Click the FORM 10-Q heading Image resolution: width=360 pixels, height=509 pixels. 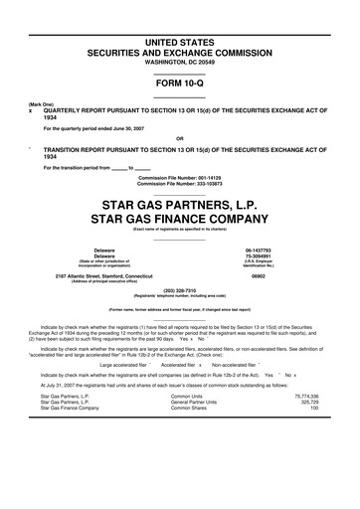[x=179, y=83]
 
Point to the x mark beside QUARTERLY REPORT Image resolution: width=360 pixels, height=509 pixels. [x=30, y=112]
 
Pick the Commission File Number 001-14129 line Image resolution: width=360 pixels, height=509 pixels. [x=179, y=177]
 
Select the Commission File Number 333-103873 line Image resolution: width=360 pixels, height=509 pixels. [x=179, y=183]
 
